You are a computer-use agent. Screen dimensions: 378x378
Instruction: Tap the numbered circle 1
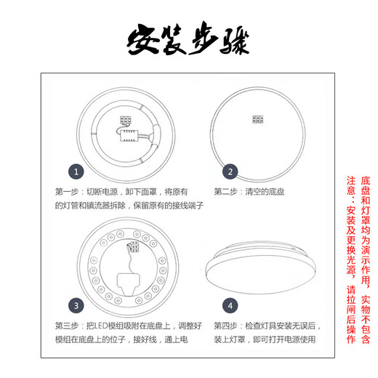pos(78,172)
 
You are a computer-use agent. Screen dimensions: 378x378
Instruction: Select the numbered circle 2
pos(230,172)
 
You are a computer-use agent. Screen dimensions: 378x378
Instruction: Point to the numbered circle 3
pos(78,305)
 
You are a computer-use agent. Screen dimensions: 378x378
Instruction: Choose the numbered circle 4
pos(230,305)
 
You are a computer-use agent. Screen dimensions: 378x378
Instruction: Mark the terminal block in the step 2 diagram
pos(257,118)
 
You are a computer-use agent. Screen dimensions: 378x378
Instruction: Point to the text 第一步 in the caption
pos(69,192)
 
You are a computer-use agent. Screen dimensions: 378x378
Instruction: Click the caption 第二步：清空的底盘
pos(252,192)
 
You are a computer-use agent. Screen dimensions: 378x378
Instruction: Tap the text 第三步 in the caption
pos(69,325)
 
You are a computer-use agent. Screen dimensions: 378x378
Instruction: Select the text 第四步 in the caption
pos(228,325)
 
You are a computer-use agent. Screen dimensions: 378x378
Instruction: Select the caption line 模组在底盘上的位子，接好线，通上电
pos(121,339)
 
